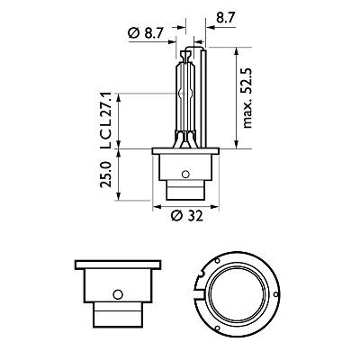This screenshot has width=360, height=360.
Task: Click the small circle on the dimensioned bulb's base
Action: tap(184, 175)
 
